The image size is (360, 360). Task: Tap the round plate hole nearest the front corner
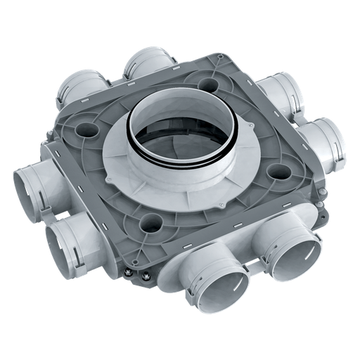150,224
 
